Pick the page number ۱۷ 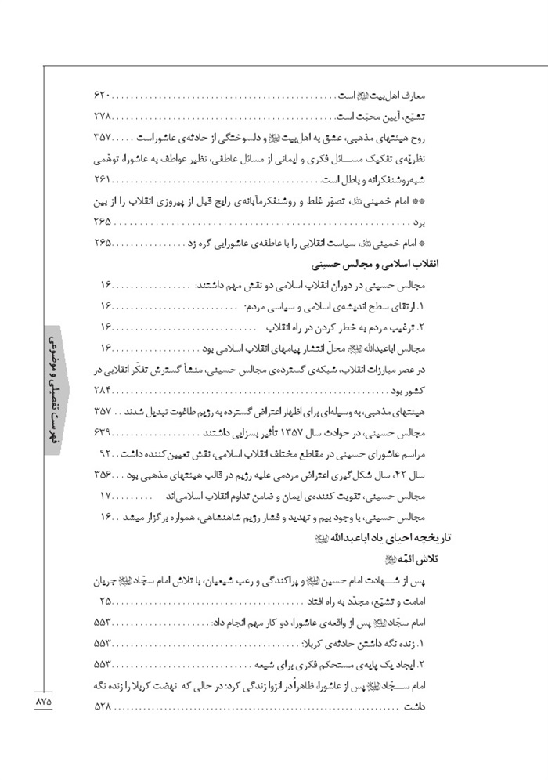pos(107,495)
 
